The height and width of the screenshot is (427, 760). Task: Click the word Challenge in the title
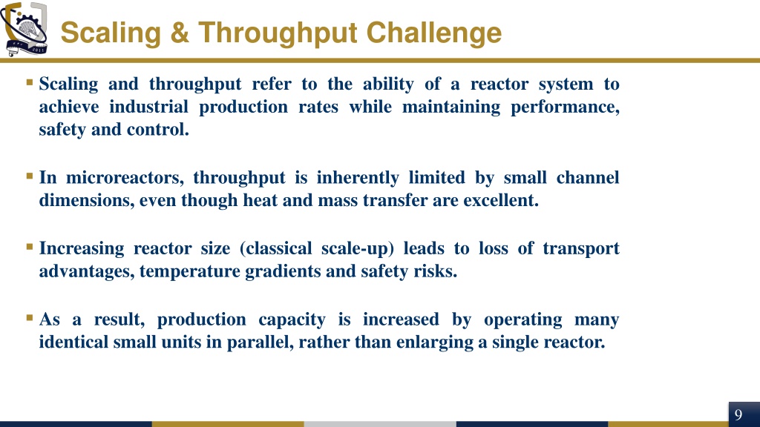[433, 33]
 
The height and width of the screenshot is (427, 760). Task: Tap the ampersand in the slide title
[180, 33]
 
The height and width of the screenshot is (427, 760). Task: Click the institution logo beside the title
[24, 29]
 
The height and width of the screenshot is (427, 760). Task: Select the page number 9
[738, 415]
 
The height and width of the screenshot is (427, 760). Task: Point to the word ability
[388, 84]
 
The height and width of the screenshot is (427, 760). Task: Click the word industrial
[148, 107]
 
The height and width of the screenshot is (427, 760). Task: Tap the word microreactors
[125, 177]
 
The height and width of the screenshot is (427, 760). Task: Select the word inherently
[358, 178]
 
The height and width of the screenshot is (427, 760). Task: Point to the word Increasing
[82, 248]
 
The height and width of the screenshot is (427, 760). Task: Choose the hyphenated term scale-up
[358, 248]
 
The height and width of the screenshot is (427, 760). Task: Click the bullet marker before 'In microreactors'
[30, 176]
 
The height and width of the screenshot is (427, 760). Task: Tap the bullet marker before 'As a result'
[30, 318]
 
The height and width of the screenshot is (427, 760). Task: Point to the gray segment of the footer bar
[380, 424]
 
